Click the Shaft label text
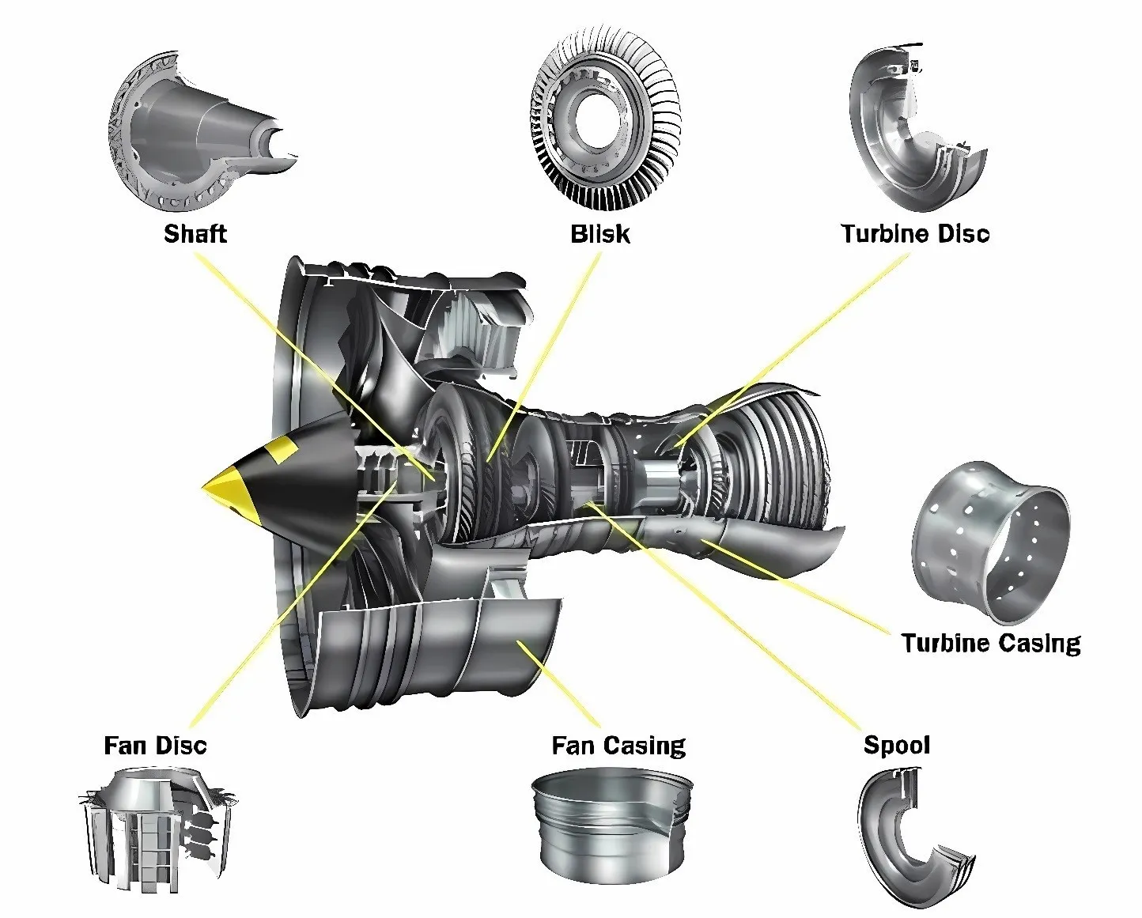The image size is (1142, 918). click(195, 234)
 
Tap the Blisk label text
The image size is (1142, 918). click(600, 234)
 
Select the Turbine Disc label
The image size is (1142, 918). click(915, 234)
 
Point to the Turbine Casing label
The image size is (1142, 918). click(990, 643)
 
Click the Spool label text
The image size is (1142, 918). click(896, 745)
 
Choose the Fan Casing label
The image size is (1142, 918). click(618, 746)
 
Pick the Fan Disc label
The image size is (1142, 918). click(155, 746)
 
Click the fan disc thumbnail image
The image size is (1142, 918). click(158, 830)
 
